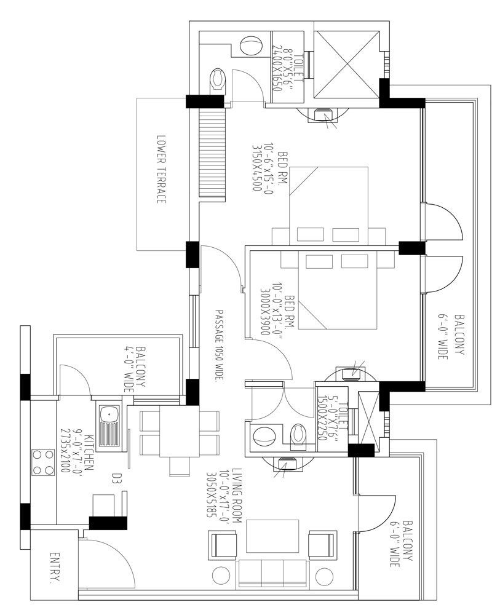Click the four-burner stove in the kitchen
tap(42, 462)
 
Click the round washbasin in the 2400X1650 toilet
tap(250, 46)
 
